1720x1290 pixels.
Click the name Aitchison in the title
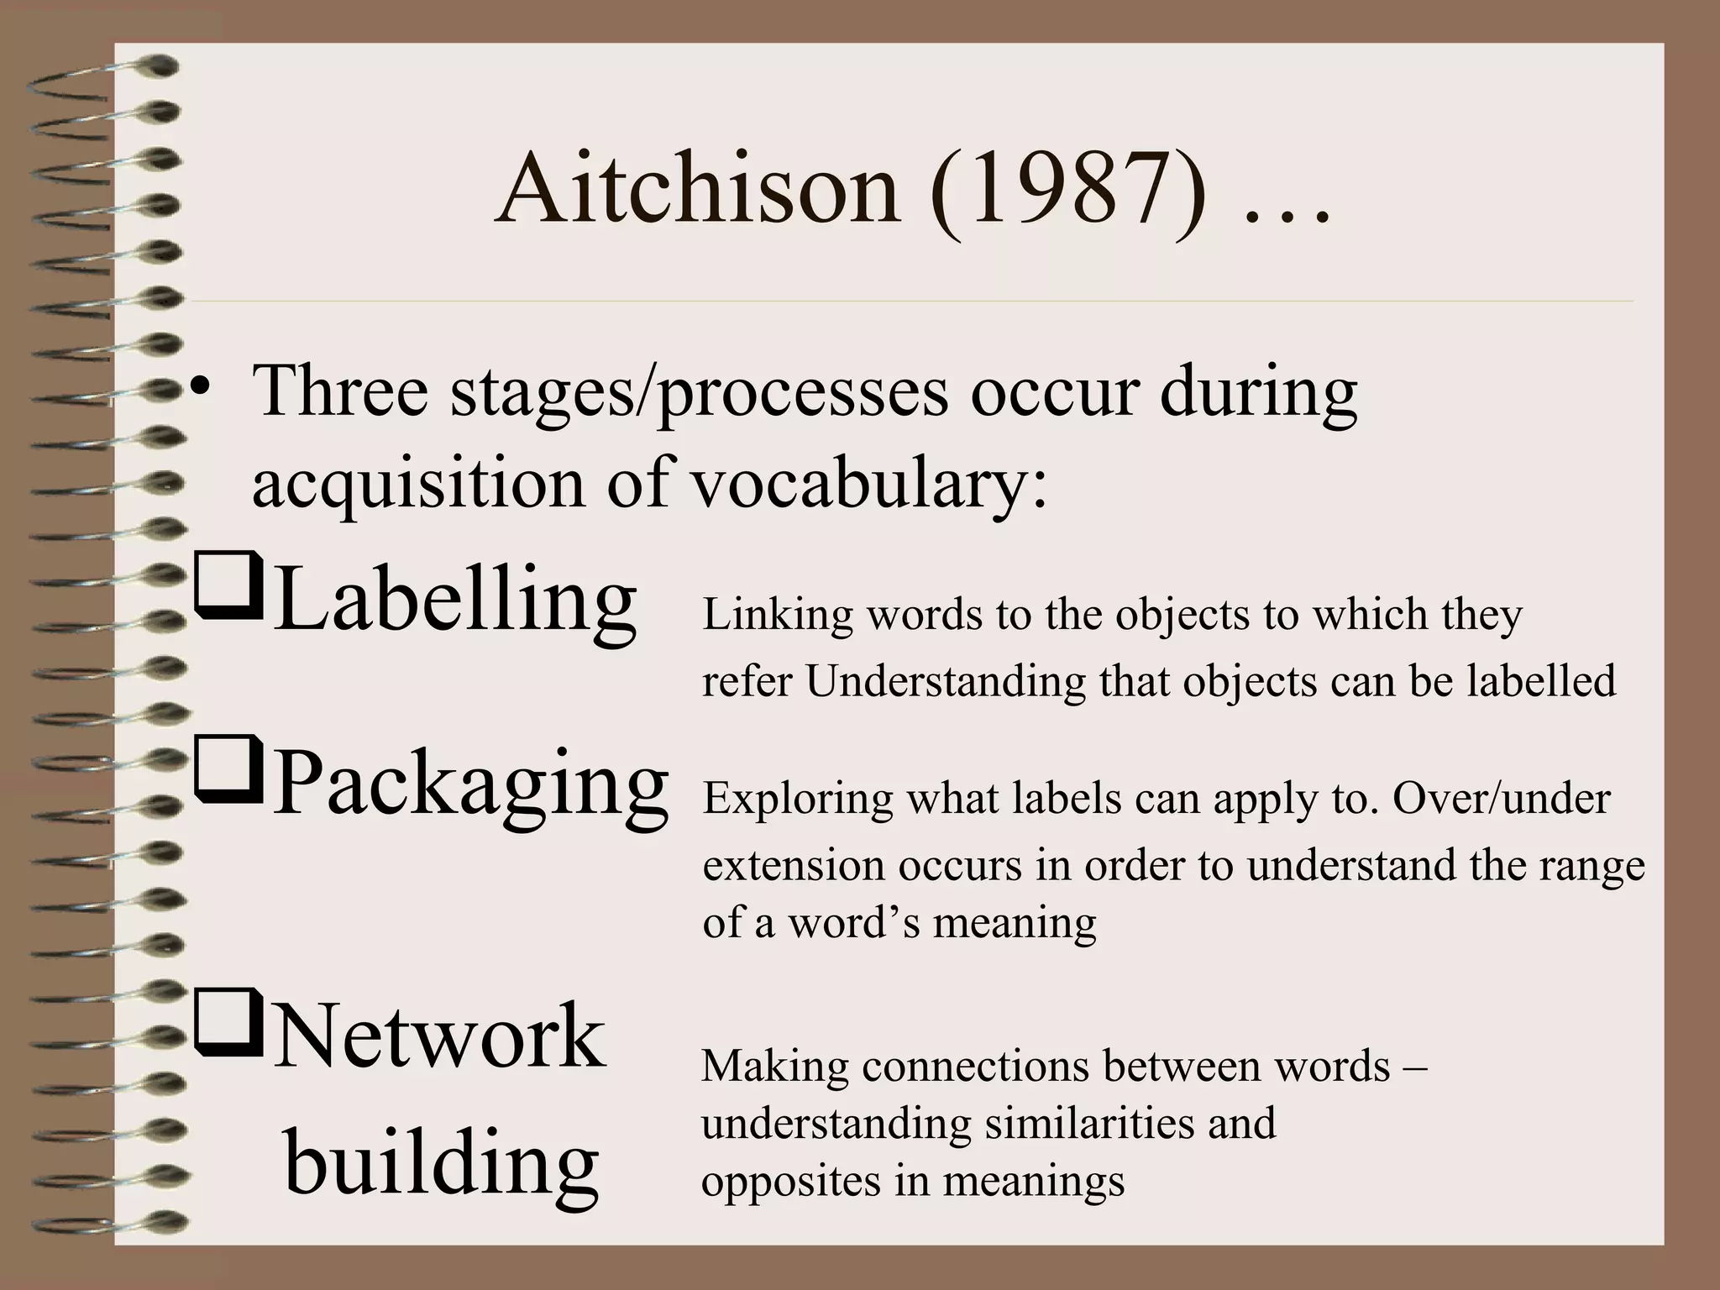pos(697,191)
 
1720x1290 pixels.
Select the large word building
pos(442,1163)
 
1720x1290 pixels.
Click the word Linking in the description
pos(778,616)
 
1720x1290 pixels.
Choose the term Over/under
pos(1501,798)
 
